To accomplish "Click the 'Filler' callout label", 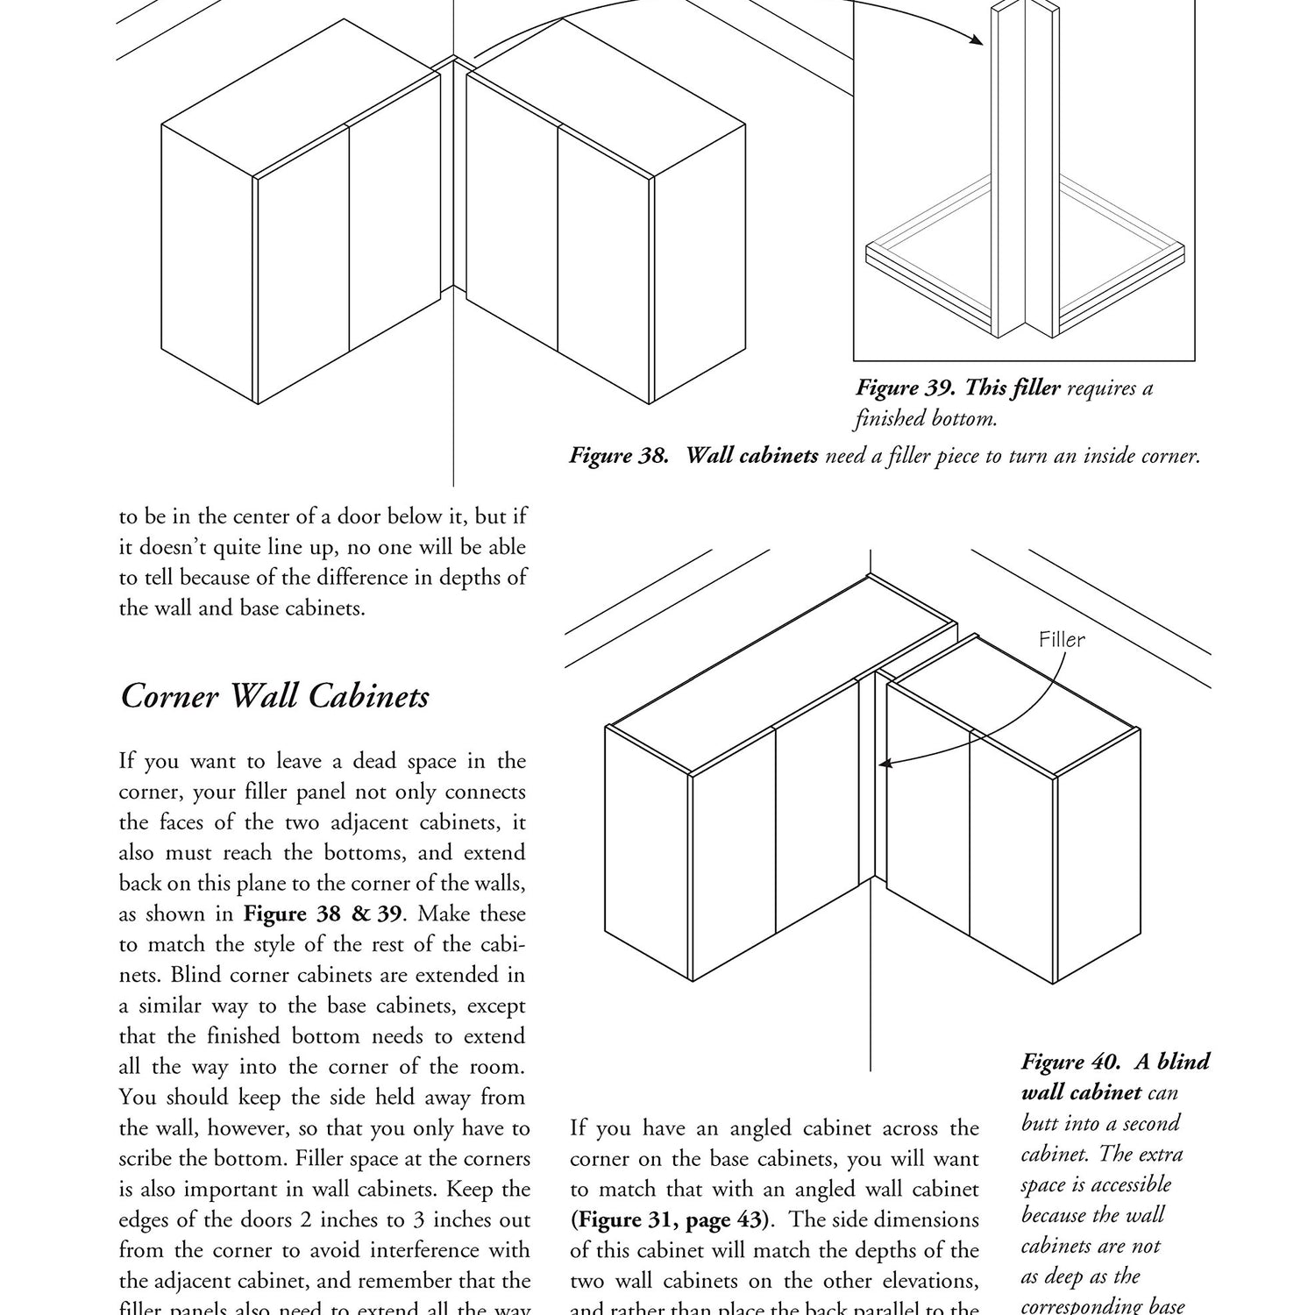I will pyautogui.click(x=1062, y=640).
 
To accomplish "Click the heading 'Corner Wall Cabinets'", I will pyautogui.click(x=275, y=697).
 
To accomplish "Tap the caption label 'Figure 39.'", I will pyautogui.click(x=906, y=387).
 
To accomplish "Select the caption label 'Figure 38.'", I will pyautogui.click(x=620, y=456).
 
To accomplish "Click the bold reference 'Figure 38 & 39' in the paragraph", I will pyautogui.click(x=322, y=913).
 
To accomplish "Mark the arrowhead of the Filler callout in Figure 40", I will pyautogui.click(x=885, y=764).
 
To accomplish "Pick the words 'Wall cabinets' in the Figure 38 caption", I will pyautogui.click(x=751, y=456).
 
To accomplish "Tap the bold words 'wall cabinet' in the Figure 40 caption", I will pyautogui.click(x=1081, y=1092).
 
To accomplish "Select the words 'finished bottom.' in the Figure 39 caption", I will pyautogui.click(x=926, y=419).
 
